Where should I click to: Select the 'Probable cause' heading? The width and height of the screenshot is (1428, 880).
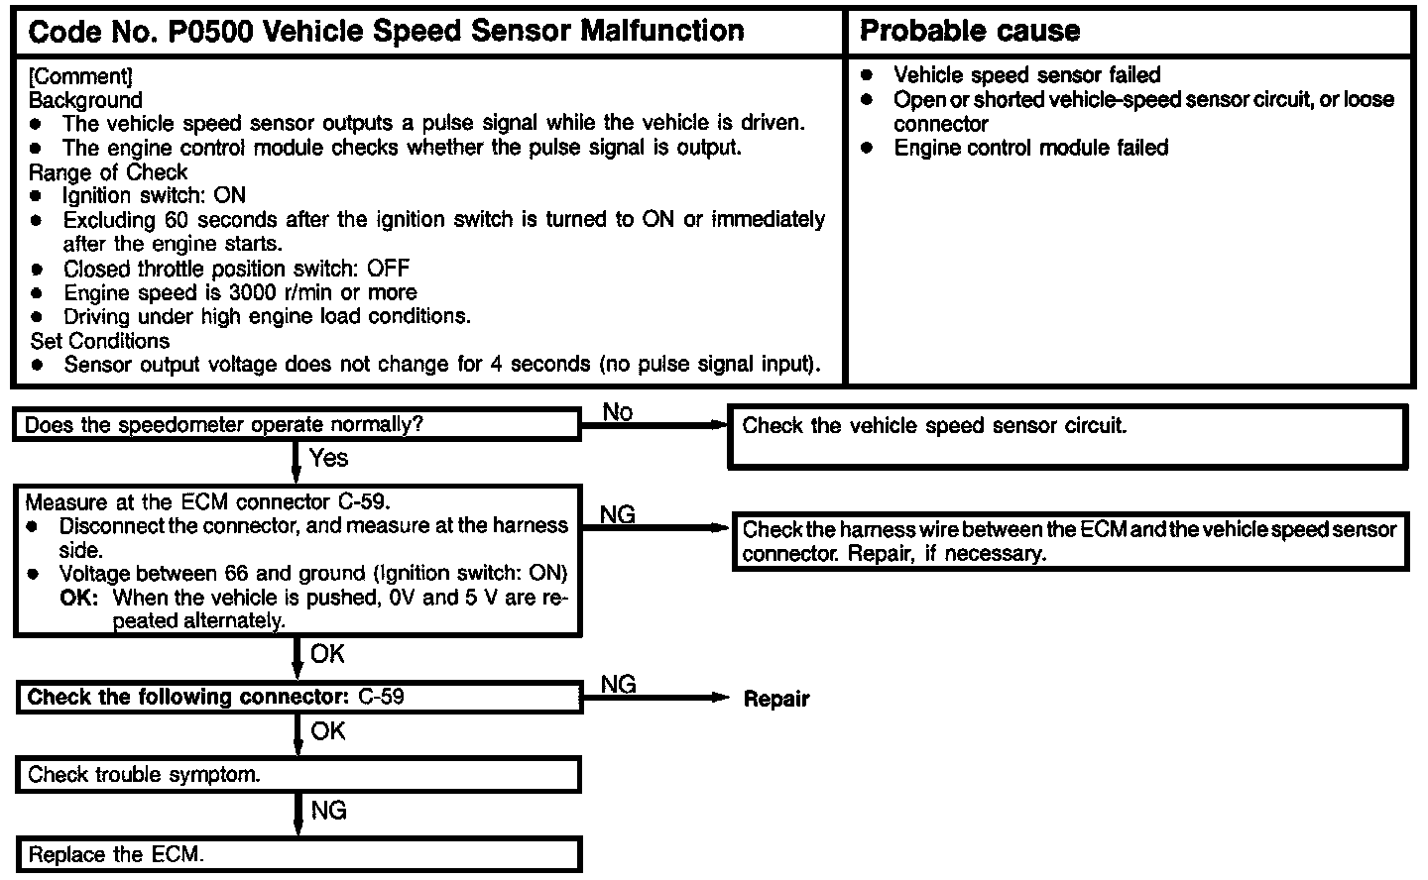coord(969,32)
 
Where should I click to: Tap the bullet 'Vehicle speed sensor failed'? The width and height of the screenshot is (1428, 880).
coord(1026,75)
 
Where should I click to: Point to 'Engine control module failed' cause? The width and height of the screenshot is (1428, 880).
coord(1030,148)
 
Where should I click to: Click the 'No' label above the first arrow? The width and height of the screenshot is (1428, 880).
coord(617,412)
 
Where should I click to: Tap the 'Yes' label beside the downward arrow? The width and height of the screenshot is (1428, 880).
coord(328,458)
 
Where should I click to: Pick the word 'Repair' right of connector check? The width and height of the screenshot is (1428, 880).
coord(776,699)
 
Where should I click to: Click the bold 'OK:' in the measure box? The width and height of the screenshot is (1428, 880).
coord(80,598)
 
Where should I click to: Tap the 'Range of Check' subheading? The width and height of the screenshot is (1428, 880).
coord(108,171)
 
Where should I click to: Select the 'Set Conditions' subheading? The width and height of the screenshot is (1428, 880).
coord(100,341)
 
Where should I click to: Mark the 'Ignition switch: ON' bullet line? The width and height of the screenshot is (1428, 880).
coord(154,196)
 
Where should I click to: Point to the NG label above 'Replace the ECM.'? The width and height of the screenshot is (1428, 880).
coord(328,811)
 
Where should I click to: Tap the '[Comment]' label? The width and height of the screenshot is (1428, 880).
coord(80,76)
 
